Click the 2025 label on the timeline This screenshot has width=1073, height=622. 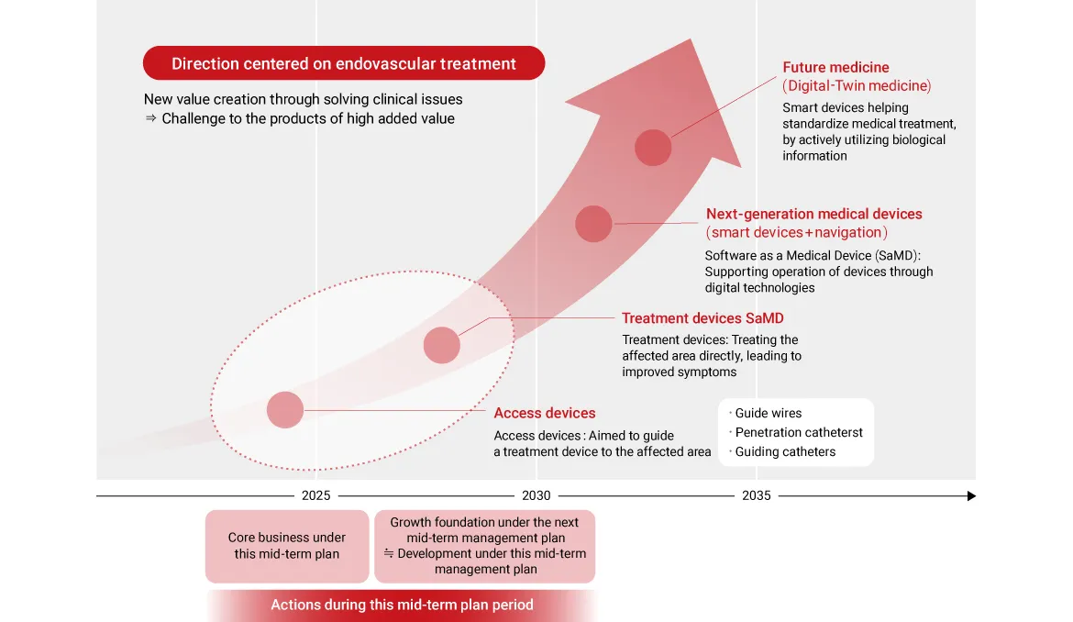click(315, 495)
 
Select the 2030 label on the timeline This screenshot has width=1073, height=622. click(536, 495)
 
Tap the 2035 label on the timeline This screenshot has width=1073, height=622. click(757, 495)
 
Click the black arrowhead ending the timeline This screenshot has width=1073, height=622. click(971, 496)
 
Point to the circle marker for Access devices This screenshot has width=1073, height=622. click(284, 410)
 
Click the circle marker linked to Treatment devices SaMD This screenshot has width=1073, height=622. click(441, 345)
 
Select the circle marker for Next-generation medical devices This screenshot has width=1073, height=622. click(593, 224)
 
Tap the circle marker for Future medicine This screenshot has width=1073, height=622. click(653, 147)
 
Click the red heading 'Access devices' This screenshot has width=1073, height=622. click(545, 414)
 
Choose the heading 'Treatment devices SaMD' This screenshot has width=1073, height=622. click(702, 318)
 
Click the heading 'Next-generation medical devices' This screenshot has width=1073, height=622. click(814, 214)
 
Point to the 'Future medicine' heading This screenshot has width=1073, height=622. click(835, 67)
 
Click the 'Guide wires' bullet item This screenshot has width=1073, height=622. click(765, 414)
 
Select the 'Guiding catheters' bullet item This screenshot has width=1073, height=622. click(782, 451)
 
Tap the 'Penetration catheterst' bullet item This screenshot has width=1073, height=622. click(796, 432)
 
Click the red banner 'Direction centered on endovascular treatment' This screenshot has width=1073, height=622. click(344, 63)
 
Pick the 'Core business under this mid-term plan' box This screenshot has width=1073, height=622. click(287, 546)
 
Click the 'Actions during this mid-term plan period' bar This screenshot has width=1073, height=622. click(402, 605)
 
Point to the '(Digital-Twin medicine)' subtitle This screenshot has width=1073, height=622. click(857, 85)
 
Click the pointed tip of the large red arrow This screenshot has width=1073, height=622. click(691, 39)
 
